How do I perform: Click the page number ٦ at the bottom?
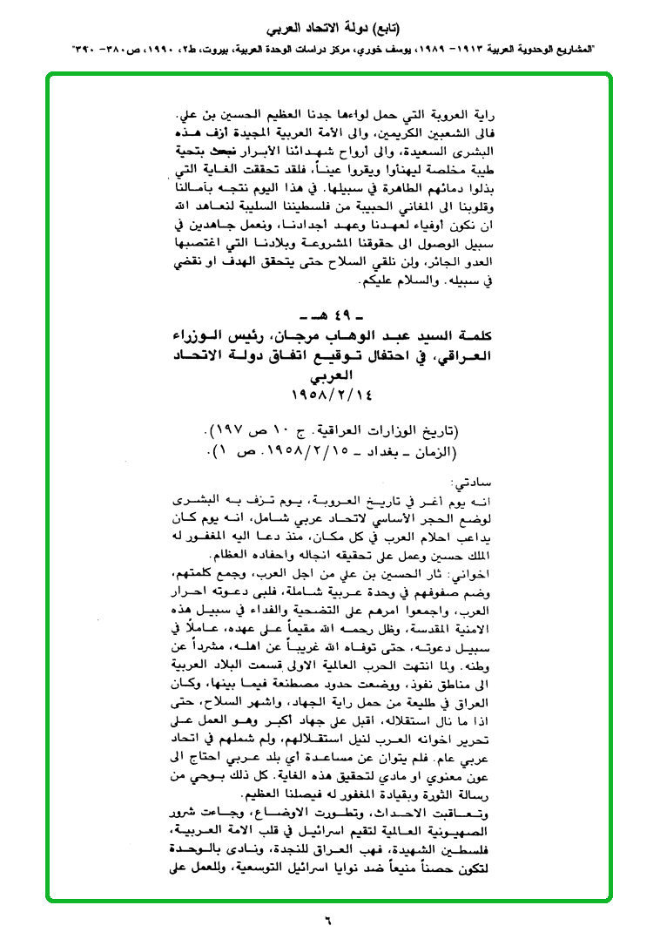click(329, 918)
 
